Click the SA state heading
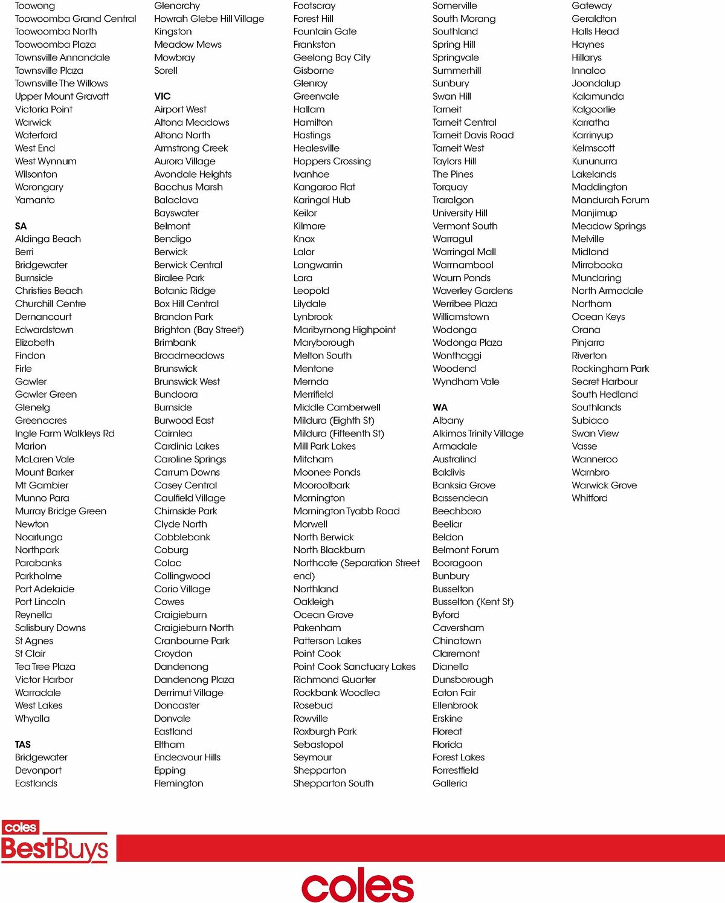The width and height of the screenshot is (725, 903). click(x=21, y=226)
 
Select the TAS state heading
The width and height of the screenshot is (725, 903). click(x=23, y=744)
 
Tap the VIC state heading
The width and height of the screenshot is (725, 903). click(x=163, y=96)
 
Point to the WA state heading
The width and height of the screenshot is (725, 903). click(x=440, y=407)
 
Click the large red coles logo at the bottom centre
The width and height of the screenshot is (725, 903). click(x=358, y=885)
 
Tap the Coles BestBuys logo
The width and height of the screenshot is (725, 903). click(x=54, y=842)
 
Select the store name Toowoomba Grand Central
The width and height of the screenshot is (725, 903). click(x=76, y=19)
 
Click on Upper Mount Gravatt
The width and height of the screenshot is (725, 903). click(x=62, y=96)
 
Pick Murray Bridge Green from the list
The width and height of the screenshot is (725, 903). click(x=60, y=511)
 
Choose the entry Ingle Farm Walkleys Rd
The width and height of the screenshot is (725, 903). click(x=65, y=433)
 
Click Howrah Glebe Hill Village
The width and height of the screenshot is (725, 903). click(x=209, y=19)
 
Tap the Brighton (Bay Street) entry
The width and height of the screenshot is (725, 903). click(x=199, y=330)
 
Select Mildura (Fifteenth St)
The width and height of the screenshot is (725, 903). click(x=338, y=433)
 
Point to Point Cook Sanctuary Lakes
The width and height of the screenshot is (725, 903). click(x=354, y=667)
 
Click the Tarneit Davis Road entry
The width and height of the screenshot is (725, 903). click(x=473, y=135)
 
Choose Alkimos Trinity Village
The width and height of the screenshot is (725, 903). click(x=478, y=433)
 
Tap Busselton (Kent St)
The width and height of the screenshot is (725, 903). click(x=473, y=602)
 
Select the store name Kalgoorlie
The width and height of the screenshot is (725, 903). click(x=593, y=109)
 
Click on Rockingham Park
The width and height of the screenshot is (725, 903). click(x=610, y=369)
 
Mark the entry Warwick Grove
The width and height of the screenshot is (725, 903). click(x=604, y=485)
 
